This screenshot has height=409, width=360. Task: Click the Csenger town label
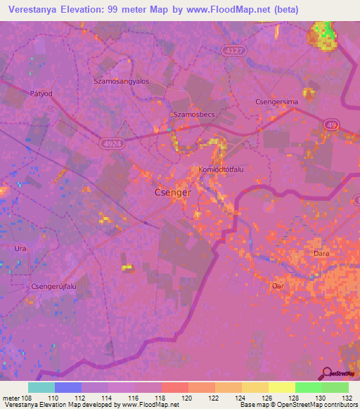tap(172, 192)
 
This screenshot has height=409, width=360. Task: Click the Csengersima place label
tap(276, 102)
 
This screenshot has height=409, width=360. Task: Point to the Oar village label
tap(276, 286)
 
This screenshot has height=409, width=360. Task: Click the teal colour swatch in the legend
tap(41, 387)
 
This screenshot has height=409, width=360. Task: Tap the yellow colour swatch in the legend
tap(281, 387)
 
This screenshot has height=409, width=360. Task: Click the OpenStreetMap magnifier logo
tap(327, 373)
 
